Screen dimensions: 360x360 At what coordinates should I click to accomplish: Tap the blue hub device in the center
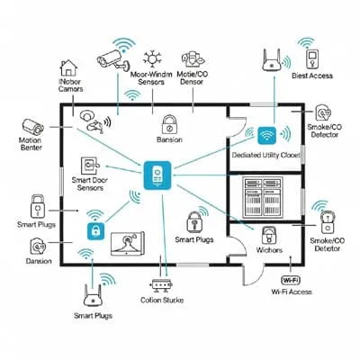coord(157,174)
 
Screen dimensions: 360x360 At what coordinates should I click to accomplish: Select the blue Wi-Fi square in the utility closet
coord(266,135)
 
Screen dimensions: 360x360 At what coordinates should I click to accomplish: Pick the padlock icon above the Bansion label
coord(168,124)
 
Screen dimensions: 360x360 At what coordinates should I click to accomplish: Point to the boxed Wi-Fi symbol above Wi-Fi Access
coord(291,278)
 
